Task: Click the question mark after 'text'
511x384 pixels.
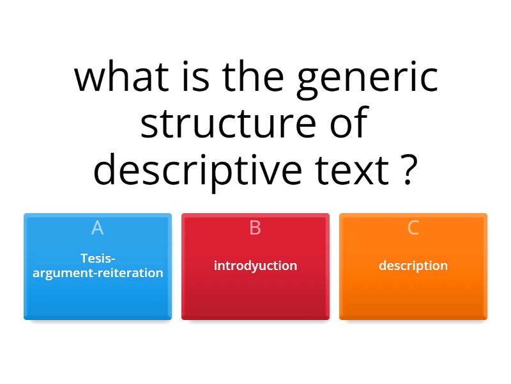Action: [x=410, y=170]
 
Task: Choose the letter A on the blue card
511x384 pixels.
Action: [x=97, y=227]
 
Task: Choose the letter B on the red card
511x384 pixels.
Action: [x=255, y=227]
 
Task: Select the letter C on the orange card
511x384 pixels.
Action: [x=413, y=227]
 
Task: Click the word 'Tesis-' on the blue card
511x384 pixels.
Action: [x=98, y=259]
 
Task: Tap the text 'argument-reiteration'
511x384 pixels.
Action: [x=98, y=273]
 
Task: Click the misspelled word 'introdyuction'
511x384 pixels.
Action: [x=255, y=266]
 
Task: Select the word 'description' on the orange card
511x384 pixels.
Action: [x=413, y=266]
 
